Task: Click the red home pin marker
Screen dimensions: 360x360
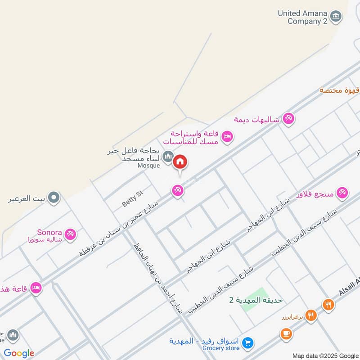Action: (180, 162)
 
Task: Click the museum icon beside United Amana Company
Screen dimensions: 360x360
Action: (336, 17)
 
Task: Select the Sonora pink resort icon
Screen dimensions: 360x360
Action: (70, 234)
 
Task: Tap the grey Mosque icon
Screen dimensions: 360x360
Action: (168, 156)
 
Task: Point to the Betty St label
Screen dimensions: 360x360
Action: (132, 198)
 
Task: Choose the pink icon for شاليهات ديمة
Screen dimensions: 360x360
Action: (288, 119)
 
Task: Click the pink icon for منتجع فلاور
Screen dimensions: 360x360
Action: (342, 193)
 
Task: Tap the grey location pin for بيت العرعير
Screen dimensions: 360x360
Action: (54, 197)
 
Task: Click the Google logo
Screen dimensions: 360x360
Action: (19, 353)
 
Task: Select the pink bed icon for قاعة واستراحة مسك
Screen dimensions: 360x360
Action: (228, 136)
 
